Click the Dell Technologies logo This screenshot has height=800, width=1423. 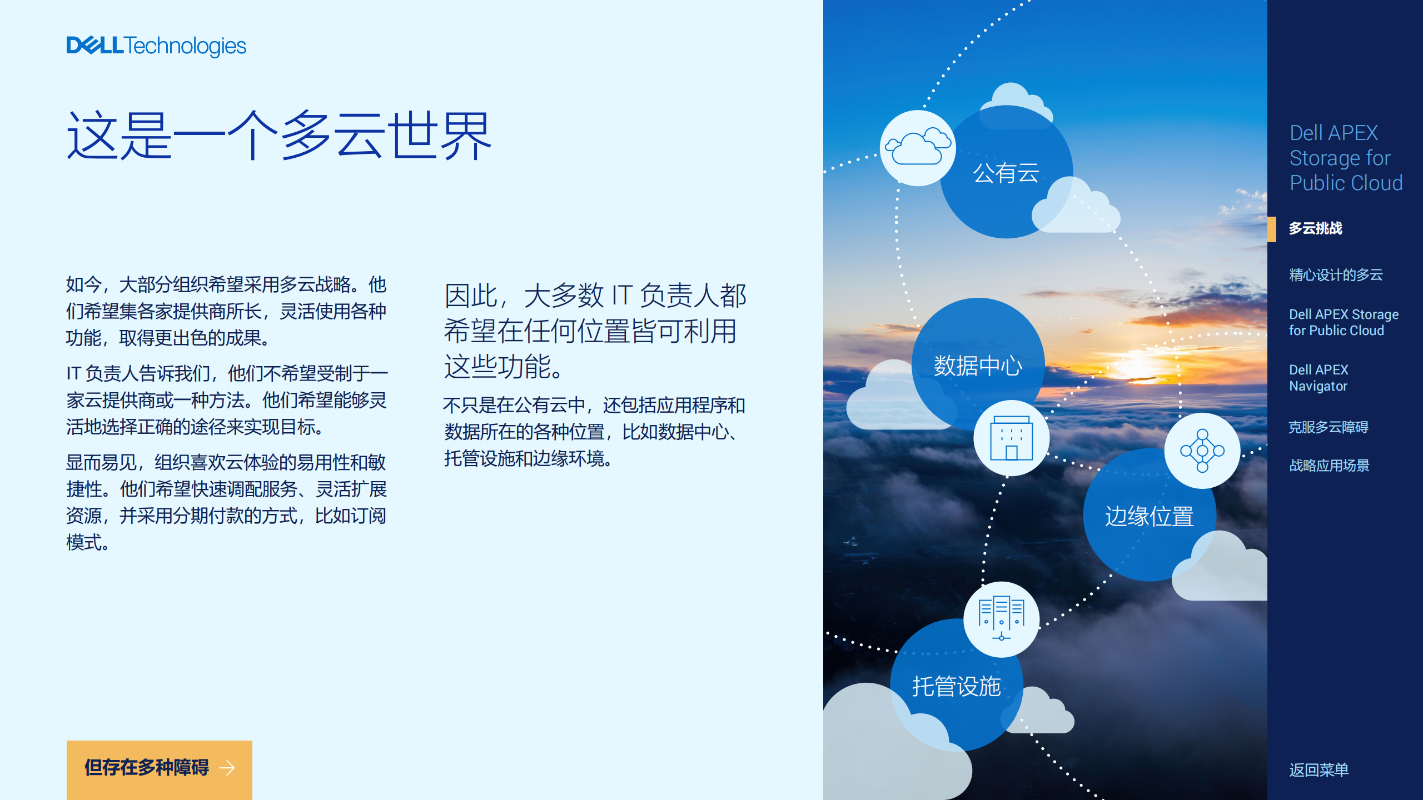tap(156, 46)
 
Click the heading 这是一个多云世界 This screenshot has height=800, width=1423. tap(279, 136)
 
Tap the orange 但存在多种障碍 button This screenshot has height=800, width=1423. tap(160, 769)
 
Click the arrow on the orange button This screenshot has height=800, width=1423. tap(227, 768)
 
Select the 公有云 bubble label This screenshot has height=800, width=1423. tap(1006, 173)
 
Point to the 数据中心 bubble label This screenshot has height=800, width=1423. tap(978, 366)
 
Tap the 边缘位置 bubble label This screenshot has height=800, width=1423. tap(1150, 516)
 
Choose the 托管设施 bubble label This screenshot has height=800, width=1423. tap(957, 686)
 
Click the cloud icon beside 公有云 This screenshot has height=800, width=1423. tap(918, 147)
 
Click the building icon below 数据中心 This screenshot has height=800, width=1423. tap(1012, 438)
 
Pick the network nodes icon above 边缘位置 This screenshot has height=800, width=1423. tap(1202, 451)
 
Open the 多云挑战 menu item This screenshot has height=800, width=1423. tap(1316, 228)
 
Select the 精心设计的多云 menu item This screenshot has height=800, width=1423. tap(1336, 274)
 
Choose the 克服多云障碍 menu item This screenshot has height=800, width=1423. tap(1329, 427)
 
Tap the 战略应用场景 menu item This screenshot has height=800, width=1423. tap(1330, 465)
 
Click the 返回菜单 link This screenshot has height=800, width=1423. tap(1319, 770)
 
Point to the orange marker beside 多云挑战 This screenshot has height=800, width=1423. tap(1272, 229)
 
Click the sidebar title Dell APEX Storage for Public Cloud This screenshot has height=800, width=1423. tap(1346, 158)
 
